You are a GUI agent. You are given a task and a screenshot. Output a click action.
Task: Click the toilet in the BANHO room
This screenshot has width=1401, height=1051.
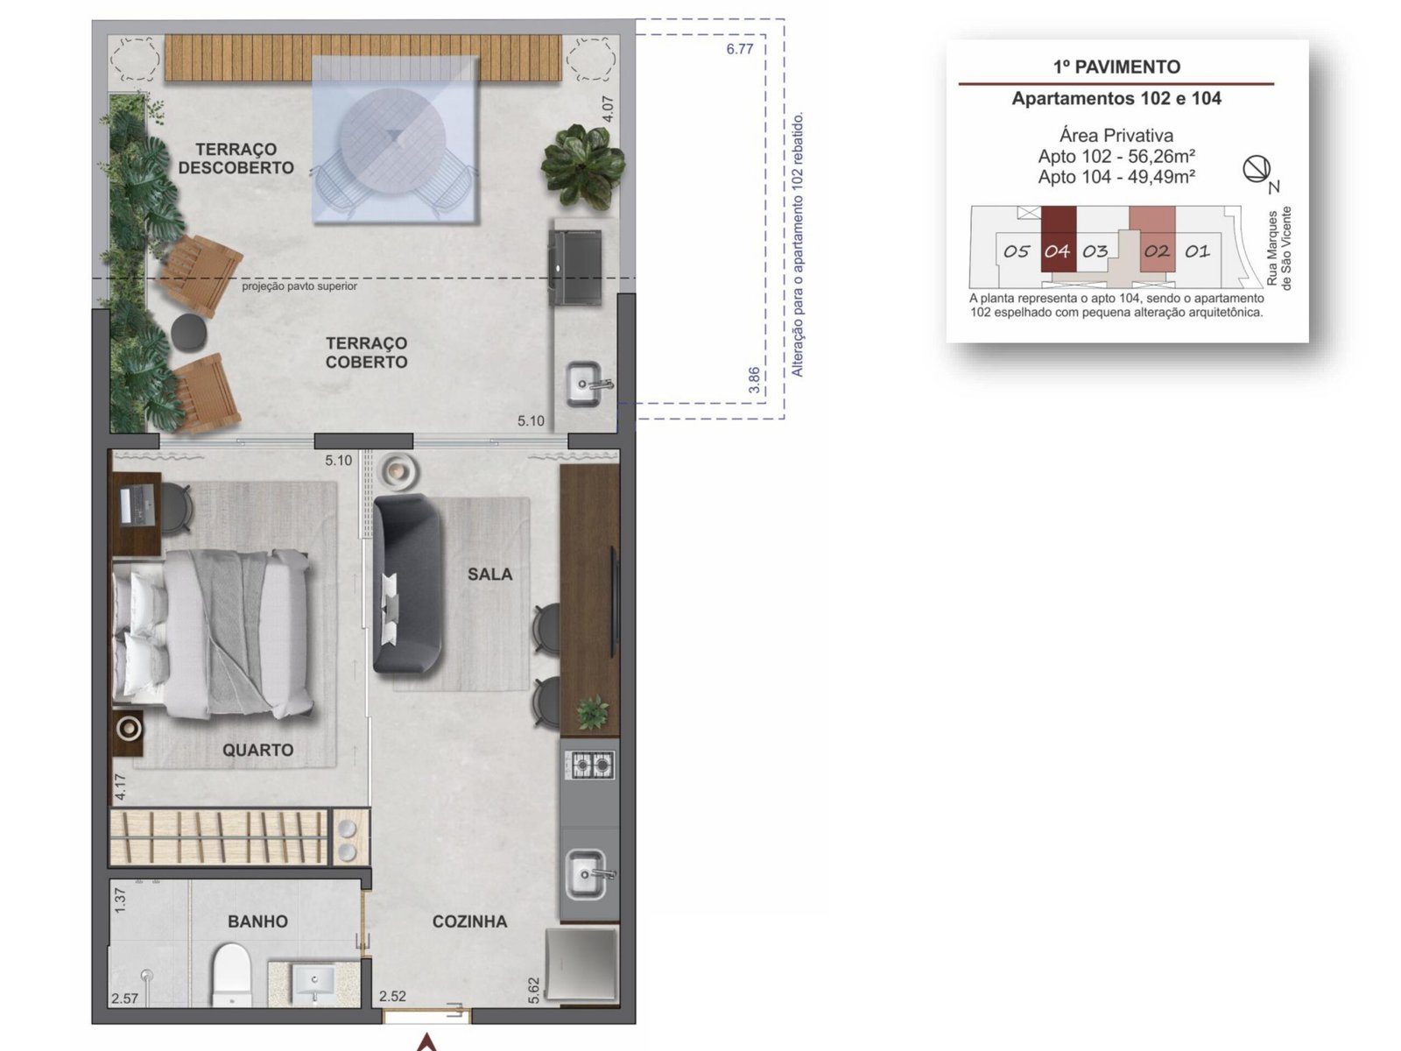(x=230, y=975)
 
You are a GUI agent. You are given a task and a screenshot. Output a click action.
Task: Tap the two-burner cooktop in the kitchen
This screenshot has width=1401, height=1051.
(x=590, y=765)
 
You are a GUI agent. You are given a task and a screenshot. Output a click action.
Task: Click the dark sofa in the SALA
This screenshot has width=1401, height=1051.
(x=407, y=583)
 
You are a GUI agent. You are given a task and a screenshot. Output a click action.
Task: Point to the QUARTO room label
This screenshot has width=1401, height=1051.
(x=257, y=750)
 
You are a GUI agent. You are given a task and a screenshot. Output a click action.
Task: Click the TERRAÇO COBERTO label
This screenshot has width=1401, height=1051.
(x=366, y=352)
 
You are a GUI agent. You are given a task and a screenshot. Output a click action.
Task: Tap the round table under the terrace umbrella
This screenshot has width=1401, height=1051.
(x=392, y=142)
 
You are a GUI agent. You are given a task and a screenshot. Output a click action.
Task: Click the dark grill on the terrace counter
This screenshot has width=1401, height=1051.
(x=574, y=267)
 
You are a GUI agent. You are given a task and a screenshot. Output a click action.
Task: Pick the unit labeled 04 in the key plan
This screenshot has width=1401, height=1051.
(x=1058, y=240)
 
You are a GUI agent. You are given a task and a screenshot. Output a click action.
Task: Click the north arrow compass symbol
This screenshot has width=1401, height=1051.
(x=1257, y=169)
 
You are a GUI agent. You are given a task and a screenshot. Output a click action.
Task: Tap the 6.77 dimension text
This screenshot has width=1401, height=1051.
(x=740, y=49)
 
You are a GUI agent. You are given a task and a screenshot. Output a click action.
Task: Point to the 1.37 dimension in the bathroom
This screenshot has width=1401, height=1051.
(x=120, y=900)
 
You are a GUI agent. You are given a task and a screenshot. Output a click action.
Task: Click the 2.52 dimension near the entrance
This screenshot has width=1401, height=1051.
(x=392, y=996)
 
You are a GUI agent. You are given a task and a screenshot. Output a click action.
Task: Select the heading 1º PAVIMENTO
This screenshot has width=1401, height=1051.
(x=1116, y=67)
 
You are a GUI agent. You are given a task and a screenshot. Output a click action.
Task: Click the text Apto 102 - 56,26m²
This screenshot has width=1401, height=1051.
(x=1116, y=157)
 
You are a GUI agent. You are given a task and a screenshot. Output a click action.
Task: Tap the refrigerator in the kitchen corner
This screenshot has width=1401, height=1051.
(x=582, y=965)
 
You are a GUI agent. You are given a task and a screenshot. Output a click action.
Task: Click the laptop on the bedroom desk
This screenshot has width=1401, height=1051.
(x=137, y=504)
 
